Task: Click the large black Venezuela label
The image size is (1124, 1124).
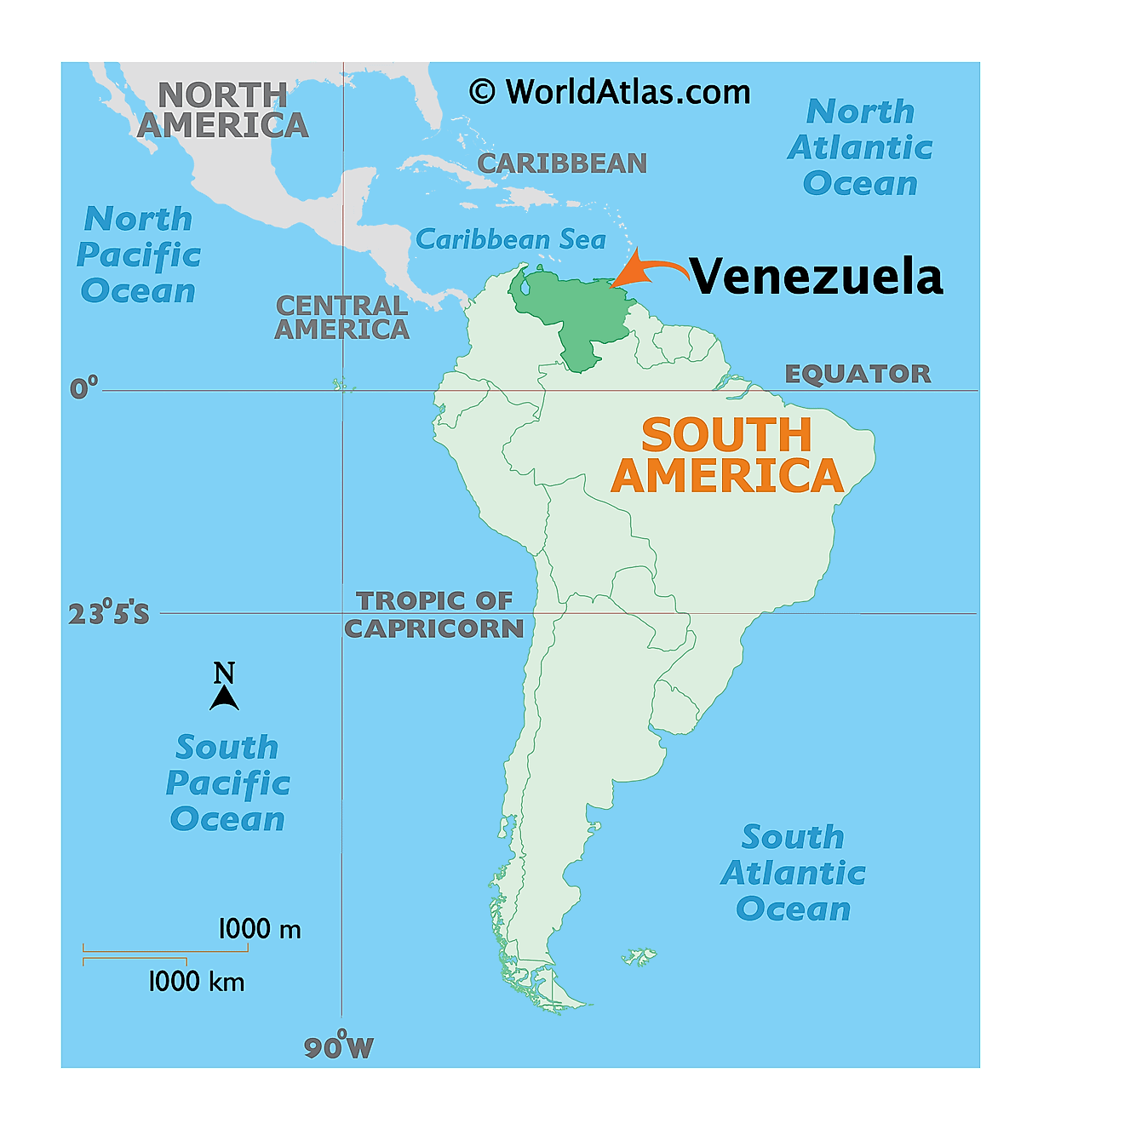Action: pos(816,277)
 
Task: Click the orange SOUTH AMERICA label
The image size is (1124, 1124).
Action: pos(727,456)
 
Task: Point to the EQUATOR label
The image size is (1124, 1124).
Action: pos(857,374)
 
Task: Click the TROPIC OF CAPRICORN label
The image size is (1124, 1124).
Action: pos(434,614)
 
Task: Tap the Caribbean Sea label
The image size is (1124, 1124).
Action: pos(510,239)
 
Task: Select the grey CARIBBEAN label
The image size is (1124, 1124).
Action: pos(562,163)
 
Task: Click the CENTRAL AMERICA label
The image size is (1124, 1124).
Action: pos(341,318)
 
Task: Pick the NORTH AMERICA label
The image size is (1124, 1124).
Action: pos(222,110)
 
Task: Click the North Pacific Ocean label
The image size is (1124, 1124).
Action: pos(139,255)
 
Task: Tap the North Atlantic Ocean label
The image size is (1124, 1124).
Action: pos(860,147)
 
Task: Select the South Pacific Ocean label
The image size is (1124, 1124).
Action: pos(227,783)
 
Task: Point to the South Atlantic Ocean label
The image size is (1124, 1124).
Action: pos(793,873)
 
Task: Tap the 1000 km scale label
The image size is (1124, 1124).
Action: pos(196,982)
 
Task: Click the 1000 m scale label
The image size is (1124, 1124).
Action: pos(260,929)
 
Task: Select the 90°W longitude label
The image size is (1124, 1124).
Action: pos(339,1047)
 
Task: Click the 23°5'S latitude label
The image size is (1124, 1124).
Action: pos(108,613)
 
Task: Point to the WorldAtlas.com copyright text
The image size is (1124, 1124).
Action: pos(610,92)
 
